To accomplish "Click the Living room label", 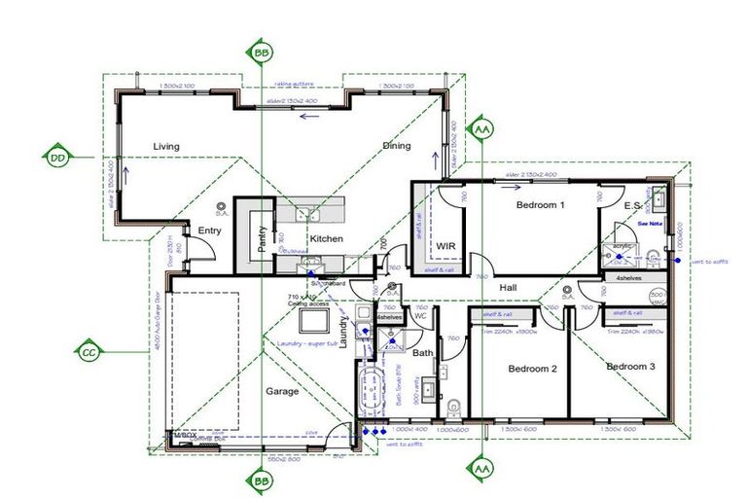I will tap(166, 147).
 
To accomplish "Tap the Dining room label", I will tap(396, 146).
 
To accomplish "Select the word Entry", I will tap(210, 231).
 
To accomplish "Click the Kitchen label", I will tap(326, 238).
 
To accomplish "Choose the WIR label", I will tap(446, 245).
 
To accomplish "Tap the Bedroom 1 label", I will tap(540, 205).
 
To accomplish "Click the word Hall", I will tap(509, 288).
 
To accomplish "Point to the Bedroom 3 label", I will tap(630, 367).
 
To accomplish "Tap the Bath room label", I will tap(423, 352).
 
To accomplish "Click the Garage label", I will tap(282, 391).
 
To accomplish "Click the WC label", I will tap(421, 315).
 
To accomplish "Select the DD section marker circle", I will tap(58, 156).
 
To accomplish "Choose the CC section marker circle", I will tap(89, 350).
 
